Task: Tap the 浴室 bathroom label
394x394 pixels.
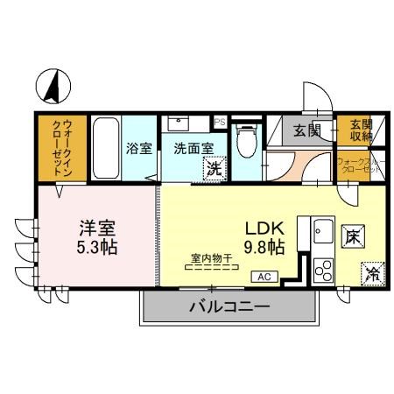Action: click(x=138, y=148)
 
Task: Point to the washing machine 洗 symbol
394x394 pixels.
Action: click(x=214, y=169)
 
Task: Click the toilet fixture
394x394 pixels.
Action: click(x=249, y=141)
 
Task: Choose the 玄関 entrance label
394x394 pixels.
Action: click(x=306, y=131)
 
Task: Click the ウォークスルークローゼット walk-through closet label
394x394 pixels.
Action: click(x=359, y=163)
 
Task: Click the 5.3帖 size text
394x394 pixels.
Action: click(x=96, y=248)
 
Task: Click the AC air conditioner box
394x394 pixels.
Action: click(x=263, y=277)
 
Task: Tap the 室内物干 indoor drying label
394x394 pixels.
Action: click(x=211, y=258)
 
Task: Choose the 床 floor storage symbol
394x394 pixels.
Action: click(x=353, y=236)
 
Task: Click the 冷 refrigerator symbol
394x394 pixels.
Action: click(x=371, y=272)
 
